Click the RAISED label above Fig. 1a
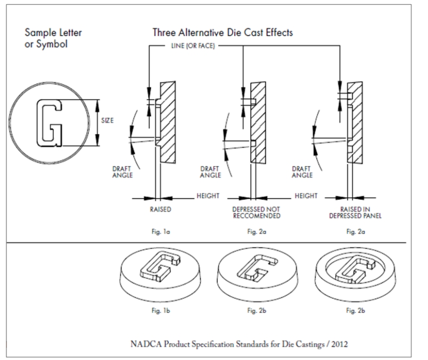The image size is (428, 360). click(160, 209)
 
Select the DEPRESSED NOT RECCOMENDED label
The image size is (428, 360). click(256, 212)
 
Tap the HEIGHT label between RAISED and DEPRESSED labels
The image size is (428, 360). click(208, 196)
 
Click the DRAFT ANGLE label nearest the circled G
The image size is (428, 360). click(122, 172)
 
